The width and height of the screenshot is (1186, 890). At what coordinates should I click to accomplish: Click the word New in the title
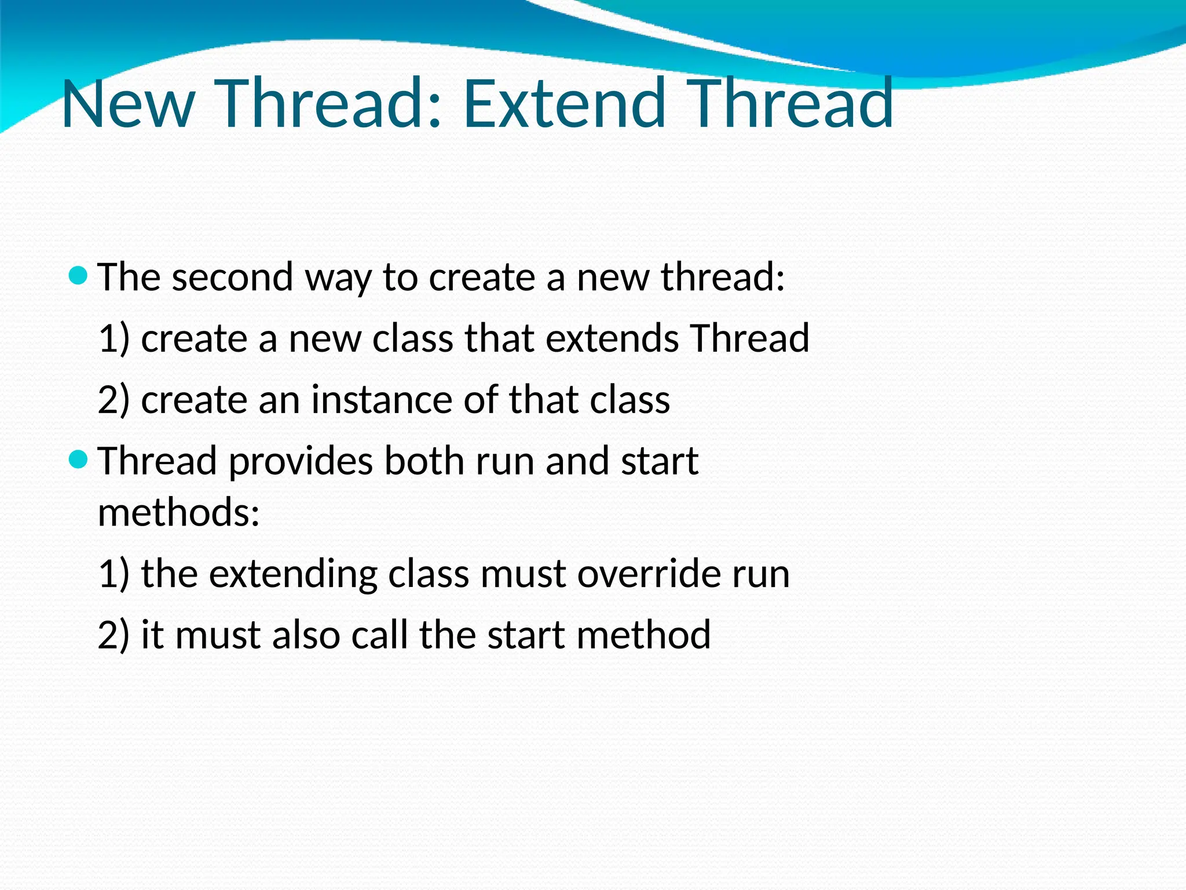[127, 104]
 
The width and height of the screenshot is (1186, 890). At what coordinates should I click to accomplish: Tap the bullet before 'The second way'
[78, 275]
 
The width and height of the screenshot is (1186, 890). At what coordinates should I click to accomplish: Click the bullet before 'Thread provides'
[78, 460]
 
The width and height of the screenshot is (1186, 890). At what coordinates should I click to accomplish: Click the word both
[424, 462]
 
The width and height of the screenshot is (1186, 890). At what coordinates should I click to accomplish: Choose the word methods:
[179, 512]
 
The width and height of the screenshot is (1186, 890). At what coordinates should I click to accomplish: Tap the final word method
[643, 635]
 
